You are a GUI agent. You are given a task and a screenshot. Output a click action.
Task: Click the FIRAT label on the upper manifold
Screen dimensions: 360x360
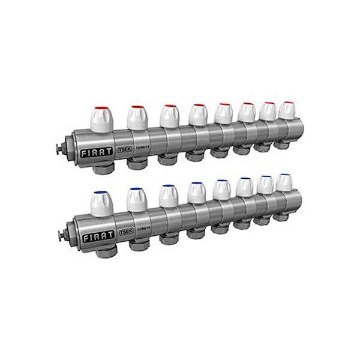(94, 153)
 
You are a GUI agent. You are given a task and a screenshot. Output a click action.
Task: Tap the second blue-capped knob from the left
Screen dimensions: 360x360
(137, 198)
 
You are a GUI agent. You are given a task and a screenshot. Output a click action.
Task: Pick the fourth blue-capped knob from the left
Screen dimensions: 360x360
(196, 192)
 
